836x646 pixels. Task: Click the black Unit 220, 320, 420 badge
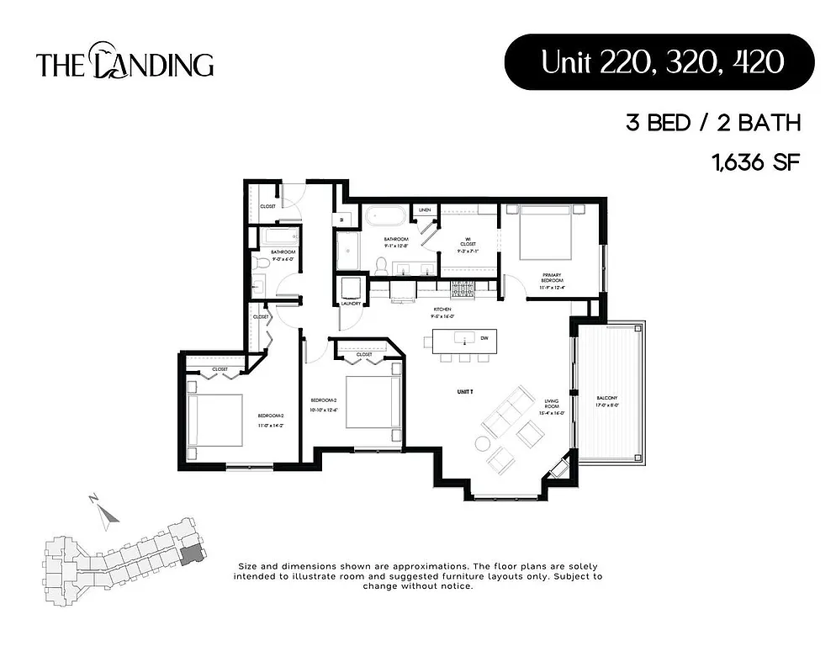pyautogui.click(x=659, y=62)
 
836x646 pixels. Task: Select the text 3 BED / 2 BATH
pyautogui.click(x=712, y=124)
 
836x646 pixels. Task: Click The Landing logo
pyautogui.click(x=124, y=63)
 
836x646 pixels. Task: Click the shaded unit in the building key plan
pyautogui.click(x=192, y=553)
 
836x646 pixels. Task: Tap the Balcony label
pyautogui.click(x=607, y=400)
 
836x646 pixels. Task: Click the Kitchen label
pyautogui.click(x=443, y=310)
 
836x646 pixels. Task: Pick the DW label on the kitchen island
pyautogui.click(x=483, y=338)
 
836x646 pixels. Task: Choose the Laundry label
pyautogui.click(x=352, y=303)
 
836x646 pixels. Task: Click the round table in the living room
pyautogui.click(x=486, y=443)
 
